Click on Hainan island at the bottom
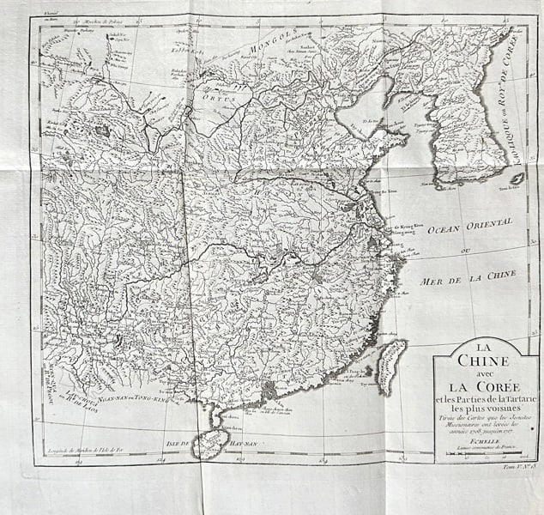click(209, 443)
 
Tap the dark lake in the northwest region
click(103, 131)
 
